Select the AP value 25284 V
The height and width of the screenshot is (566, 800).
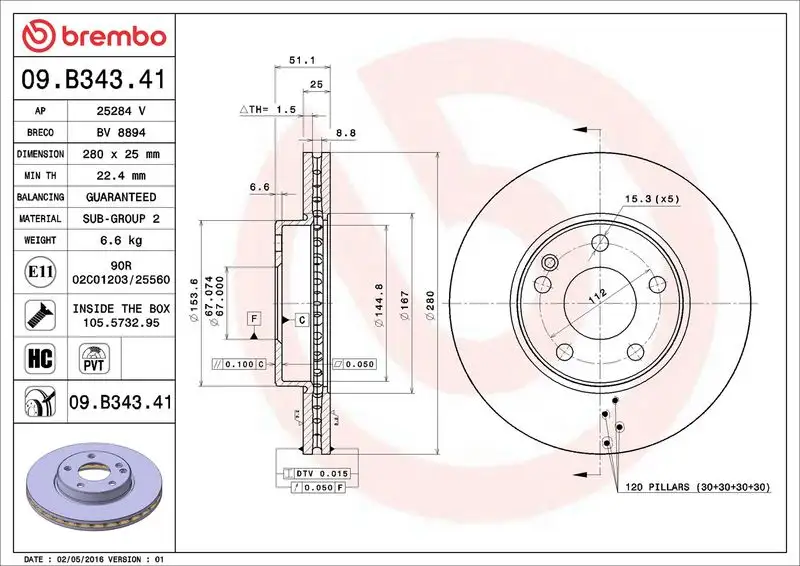tap(120, 110)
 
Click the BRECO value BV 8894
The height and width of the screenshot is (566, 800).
tap(120, 132)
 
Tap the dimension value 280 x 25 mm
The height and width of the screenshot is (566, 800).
tap(120, 154)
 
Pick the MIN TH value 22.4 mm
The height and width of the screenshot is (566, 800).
tap(120, 176)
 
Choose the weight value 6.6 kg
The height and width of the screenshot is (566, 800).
tap(120, 240)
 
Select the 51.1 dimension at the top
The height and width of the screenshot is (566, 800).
tap(297, 60)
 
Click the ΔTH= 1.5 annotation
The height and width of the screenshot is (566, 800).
tap(268, 109)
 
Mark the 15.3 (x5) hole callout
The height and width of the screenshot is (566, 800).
tap(652, 199)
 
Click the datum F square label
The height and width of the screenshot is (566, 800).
tap(255, 318)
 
